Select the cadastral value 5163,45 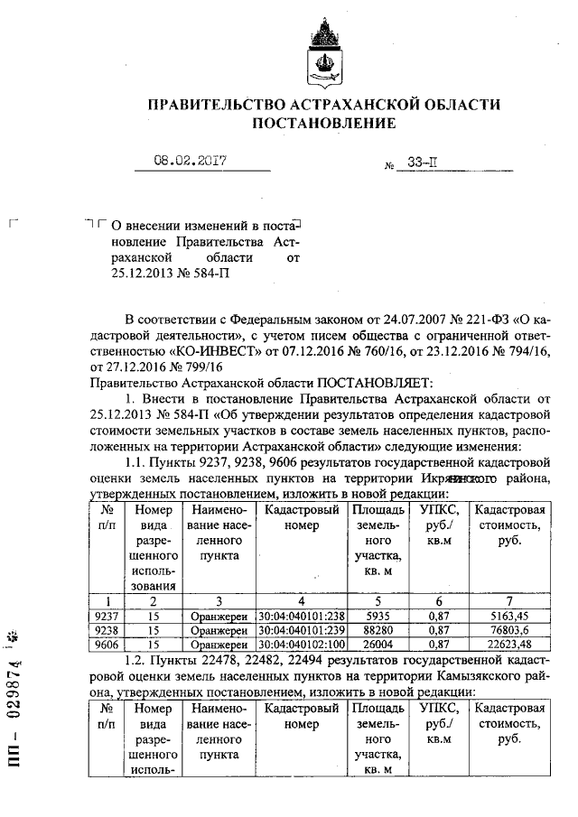click(511, 616)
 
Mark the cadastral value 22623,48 click(511, 645)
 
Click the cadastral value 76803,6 click(511, 630)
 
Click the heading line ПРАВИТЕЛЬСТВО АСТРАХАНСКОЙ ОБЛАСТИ click(323, 105)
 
